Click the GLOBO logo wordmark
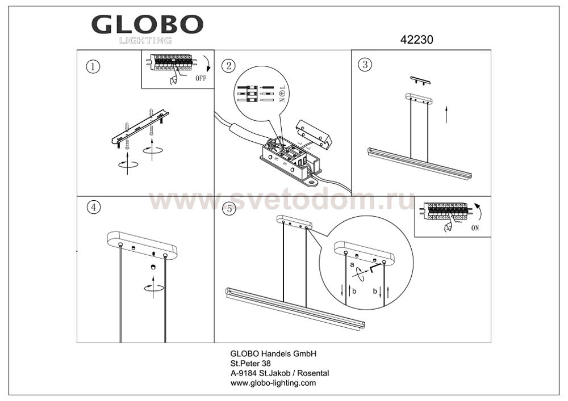point(147,24)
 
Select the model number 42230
point(416,39)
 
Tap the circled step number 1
point(94,66)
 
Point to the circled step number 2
point(228,66)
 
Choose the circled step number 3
point(365,64)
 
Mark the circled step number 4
point(94,207)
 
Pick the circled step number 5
point(229,209)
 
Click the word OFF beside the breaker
point(201,78)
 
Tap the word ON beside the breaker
point(475,228)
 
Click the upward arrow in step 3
point(446,114)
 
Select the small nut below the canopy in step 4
point(153,267)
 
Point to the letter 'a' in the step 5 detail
point(352,265)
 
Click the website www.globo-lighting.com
point(273,383)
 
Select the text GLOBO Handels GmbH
point(274,353)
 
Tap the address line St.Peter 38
point(250,364)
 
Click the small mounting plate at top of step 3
point(420,81)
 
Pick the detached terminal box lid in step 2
point(314,134)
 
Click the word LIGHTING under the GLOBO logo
point(145,40)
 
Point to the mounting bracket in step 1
point(140,126)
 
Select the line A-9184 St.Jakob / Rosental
point(279,373)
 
